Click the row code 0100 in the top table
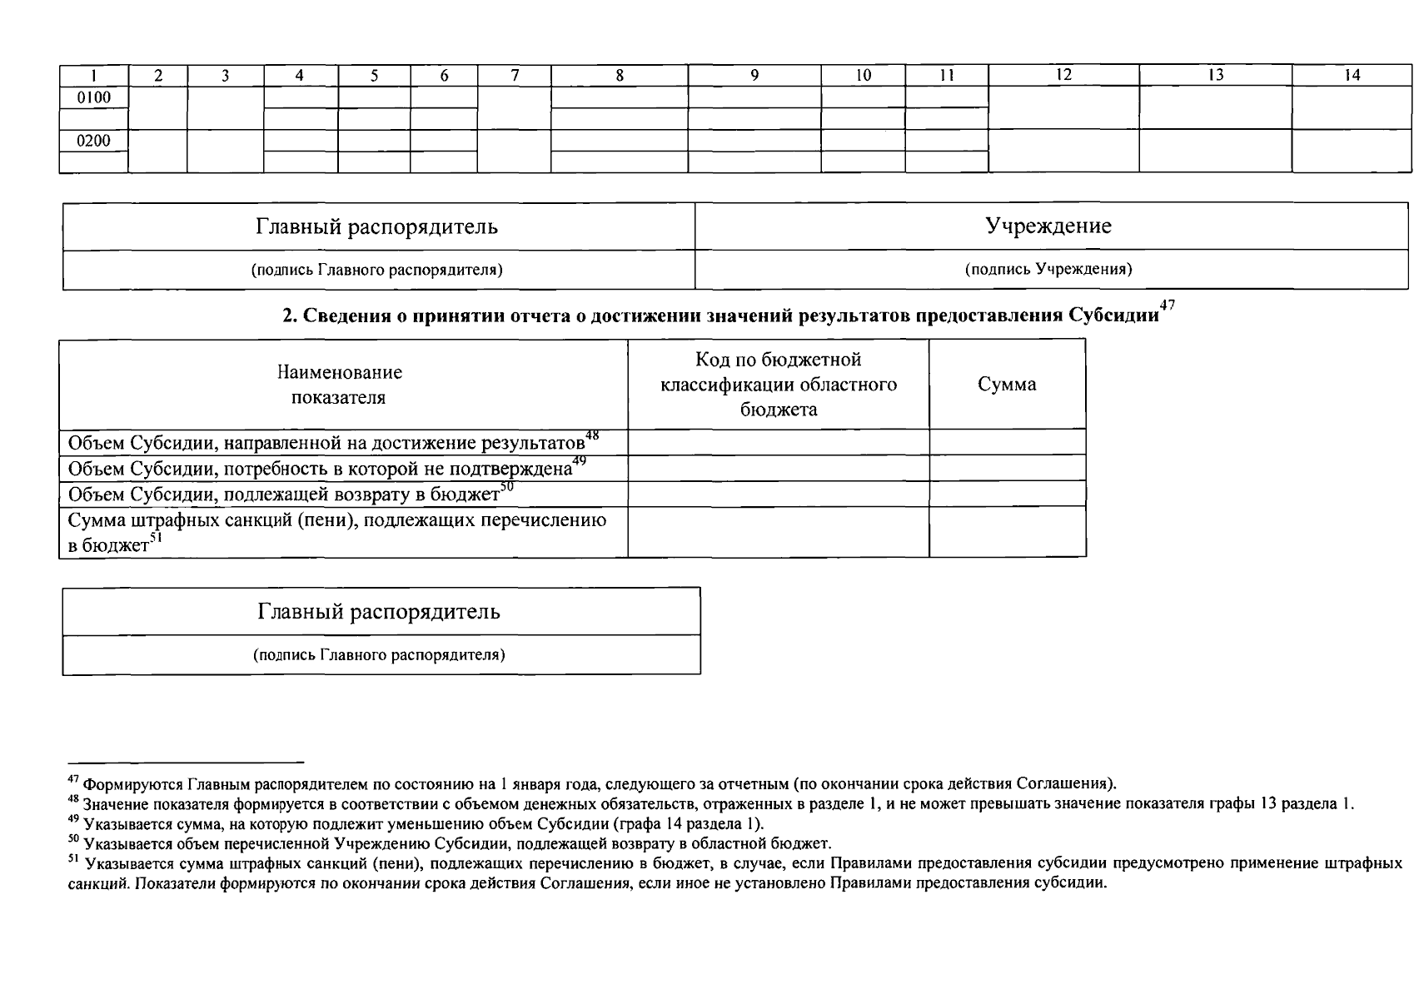coord(93,97)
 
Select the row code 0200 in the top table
coord(93,141)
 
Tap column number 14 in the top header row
coord(1352,75)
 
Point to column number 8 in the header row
coord(620,75)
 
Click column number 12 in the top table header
coord(1063,75)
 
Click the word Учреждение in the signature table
coord(1048,226)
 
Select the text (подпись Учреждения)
coord(1048,270)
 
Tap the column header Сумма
coord(1007,385)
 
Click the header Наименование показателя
coord(340,385)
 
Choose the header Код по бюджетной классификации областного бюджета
coord(778,385)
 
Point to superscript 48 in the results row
coord(592,435)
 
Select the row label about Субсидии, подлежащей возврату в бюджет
coord(283,495)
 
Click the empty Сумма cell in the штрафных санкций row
coord(1007,532)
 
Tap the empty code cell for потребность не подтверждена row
coord(778,468)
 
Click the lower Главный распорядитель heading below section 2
coord(379,612)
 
